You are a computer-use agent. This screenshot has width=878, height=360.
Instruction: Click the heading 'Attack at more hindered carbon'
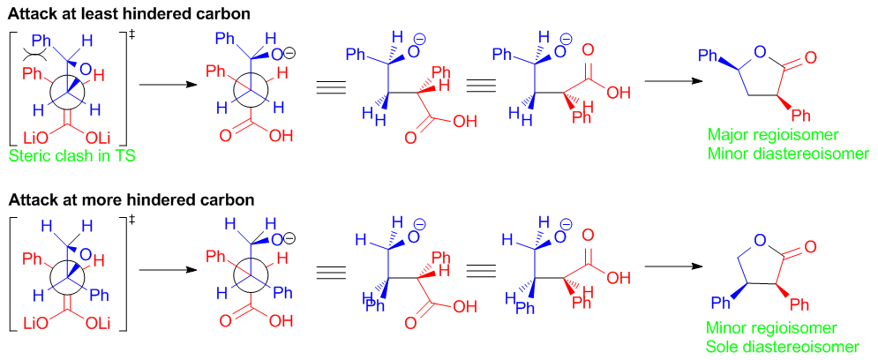pyautogui.click(x=130, y=199)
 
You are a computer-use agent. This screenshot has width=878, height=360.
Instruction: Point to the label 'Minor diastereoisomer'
pyautogui.click(x=788, y=153)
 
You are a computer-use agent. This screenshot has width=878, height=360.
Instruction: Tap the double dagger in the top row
pyautogui.click(x=132, y=34)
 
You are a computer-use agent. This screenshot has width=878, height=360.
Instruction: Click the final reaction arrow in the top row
pyautogui.click(x=673, y=81)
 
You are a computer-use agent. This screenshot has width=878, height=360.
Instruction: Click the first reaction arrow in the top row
pyautogui.click(x=168, y=85)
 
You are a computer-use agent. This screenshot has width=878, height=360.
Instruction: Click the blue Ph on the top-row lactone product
pyautogui.click(x=708, y=56)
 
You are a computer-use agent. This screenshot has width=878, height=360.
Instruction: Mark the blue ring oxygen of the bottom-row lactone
pyautogui.click(x=760, y=241)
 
